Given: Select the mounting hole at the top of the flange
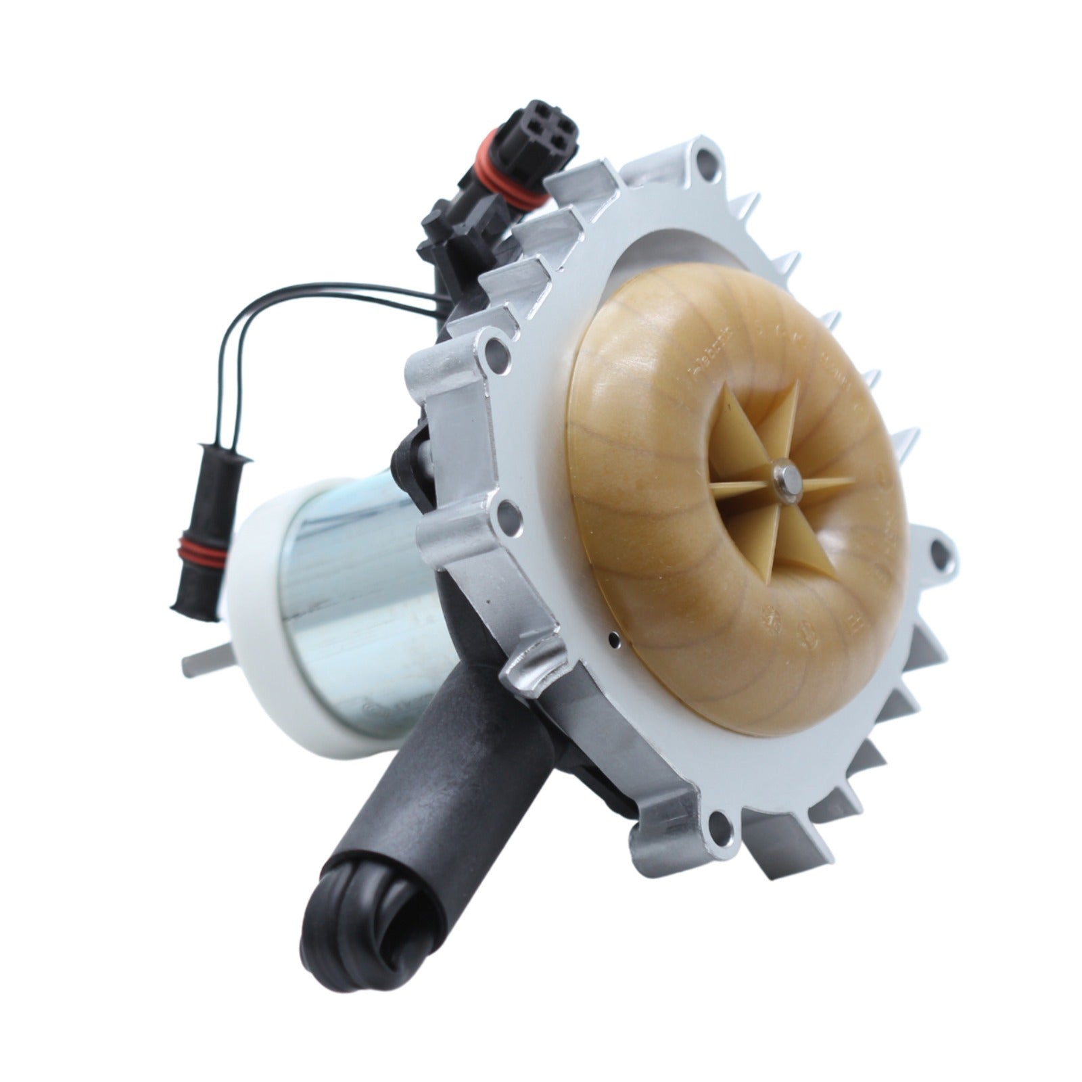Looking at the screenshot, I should point(705,161).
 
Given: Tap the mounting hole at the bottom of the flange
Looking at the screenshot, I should point(718,826).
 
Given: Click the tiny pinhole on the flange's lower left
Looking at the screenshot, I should point(611,636).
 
